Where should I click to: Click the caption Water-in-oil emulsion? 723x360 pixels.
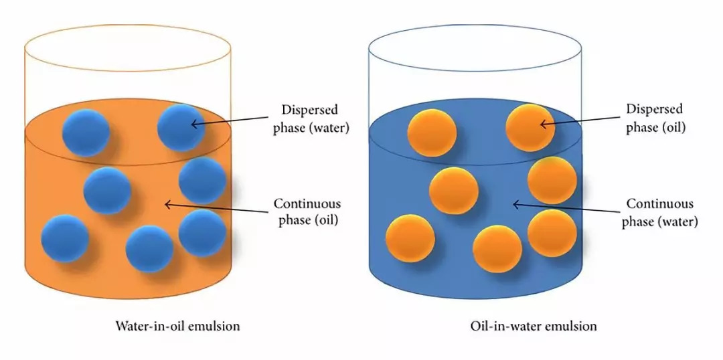point(177,327)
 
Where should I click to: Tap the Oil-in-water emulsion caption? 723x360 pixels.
point(533,327)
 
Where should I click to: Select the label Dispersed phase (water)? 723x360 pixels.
point(310,118)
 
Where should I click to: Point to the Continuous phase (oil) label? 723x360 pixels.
point(307,212)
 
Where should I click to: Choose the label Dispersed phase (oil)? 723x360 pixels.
point(654,118)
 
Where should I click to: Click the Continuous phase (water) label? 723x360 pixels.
point(659,212)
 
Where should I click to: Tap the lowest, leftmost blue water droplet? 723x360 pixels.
point(65,238)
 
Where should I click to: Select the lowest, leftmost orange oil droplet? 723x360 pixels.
point(410,238)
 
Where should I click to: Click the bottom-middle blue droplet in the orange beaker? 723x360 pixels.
point(149,249)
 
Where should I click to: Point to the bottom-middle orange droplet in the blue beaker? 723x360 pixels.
point(497,249)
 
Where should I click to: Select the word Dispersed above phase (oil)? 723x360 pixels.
point(654,109)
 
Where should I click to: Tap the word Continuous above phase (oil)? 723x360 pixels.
point(307,203)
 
